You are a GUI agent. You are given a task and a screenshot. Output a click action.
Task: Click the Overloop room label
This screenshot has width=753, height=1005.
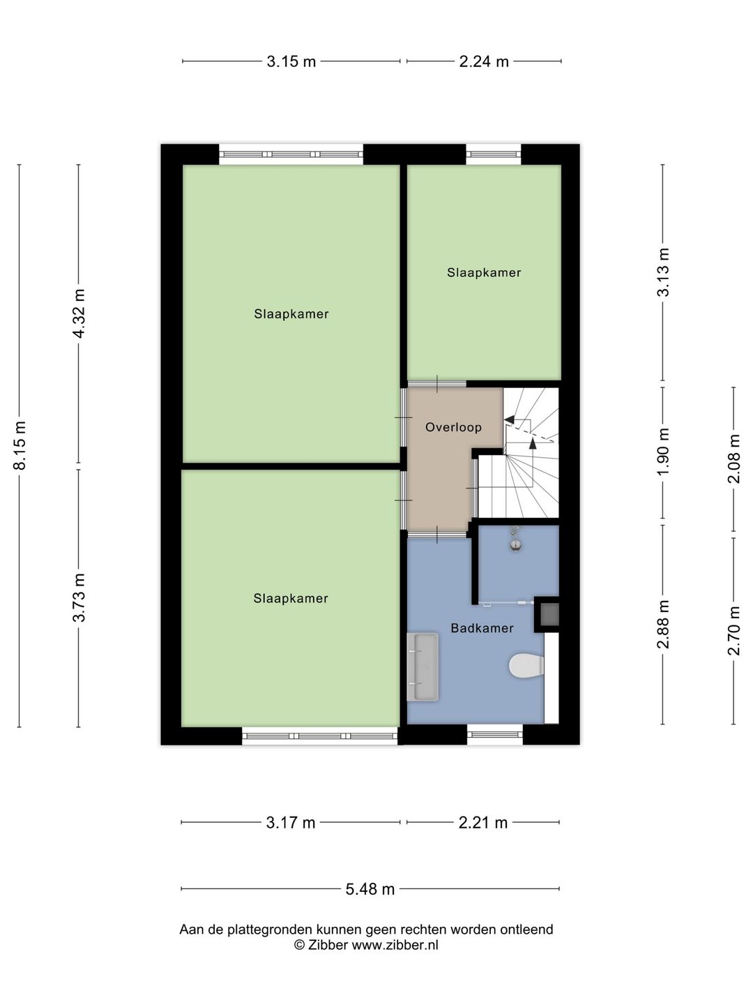point(453,427)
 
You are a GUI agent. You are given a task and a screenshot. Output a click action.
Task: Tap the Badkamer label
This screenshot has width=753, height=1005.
point(482,627)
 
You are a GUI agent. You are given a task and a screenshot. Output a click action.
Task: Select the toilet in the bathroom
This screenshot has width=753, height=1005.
point(526,665)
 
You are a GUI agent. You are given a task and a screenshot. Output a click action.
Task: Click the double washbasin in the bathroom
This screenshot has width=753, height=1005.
point(423,667)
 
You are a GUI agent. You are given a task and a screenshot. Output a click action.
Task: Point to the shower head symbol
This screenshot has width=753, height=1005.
point(516,540)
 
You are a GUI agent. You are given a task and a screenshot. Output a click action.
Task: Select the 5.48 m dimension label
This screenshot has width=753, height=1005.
point(370,888)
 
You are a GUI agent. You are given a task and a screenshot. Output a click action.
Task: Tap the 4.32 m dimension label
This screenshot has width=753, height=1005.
point(79,313)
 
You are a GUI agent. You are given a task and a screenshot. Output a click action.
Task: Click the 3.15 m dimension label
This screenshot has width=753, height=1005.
point(291,61)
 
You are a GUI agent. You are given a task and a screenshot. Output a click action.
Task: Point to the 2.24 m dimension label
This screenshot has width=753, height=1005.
point(484,61)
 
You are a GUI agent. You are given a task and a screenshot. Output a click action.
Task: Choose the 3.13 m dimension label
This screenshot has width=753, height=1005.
point(663,272)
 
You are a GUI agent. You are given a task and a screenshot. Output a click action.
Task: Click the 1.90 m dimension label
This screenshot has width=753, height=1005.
point(663,452)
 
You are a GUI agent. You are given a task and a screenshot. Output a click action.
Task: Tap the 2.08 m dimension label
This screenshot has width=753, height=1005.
point(733,459)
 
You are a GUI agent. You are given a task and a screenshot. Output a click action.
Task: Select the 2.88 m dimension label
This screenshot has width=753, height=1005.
point(663,624)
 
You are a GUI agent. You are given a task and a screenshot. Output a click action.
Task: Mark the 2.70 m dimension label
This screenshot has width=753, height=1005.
point(733,630)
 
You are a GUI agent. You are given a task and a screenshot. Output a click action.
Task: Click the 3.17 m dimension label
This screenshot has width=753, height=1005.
point(291,823)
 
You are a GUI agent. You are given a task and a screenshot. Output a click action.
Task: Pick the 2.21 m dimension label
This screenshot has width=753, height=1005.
point(482,823)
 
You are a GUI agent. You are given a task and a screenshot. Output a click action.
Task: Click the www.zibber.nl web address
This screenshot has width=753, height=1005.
point(395,944)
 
